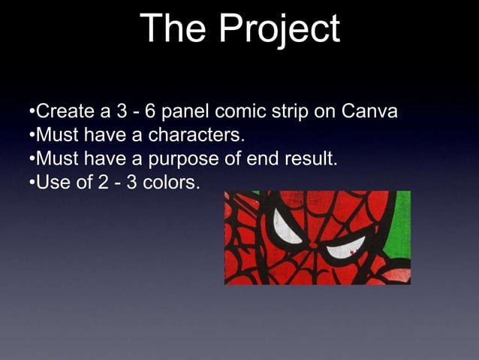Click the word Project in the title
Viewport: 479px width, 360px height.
pos(282,30)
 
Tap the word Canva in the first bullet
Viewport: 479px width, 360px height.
pos(369,113)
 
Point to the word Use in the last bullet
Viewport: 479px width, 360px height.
pos(51,182)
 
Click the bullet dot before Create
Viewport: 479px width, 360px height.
pos(32,113)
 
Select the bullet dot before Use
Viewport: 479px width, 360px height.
pos(32,183)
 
